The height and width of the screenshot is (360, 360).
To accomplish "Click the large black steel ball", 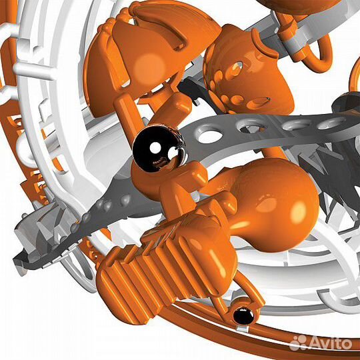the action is [159, 148].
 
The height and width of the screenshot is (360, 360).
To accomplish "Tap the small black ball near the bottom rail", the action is [243, 317].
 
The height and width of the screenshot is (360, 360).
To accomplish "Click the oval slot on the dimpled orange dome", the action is [258, 103].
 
